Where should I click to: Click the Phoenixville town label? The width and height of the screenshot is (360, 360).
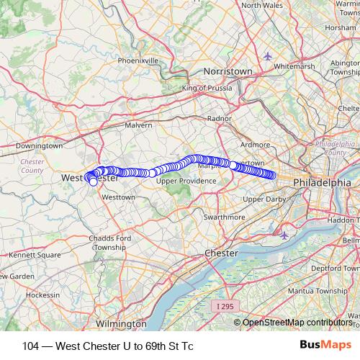pyautogui.click(x=138, y=60)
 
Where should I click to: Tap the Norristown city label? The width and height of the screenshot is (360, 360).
pyautogui.click(x=228, y=72)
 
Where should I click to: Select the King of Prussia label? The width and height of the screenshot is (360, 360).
pyautogui.click(x=208, y=88)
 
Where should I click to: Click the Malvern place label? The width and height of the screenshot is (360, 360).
pyautogui.click(x=139, y=125)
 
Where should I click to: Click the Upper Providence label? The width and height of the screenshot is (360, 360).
pyautogui.click(x=186, y=181)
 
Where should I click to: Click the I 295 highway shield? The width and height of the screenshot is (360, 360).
pyautogui.click(x=225, y=307)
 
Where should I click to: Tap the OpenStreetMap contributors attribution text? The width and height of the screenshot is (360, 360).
pyautogui.click(x=297, y=322)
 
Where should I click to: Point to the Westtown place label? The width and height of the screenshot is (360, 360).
pyautogui.click(x=119, y=197)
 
